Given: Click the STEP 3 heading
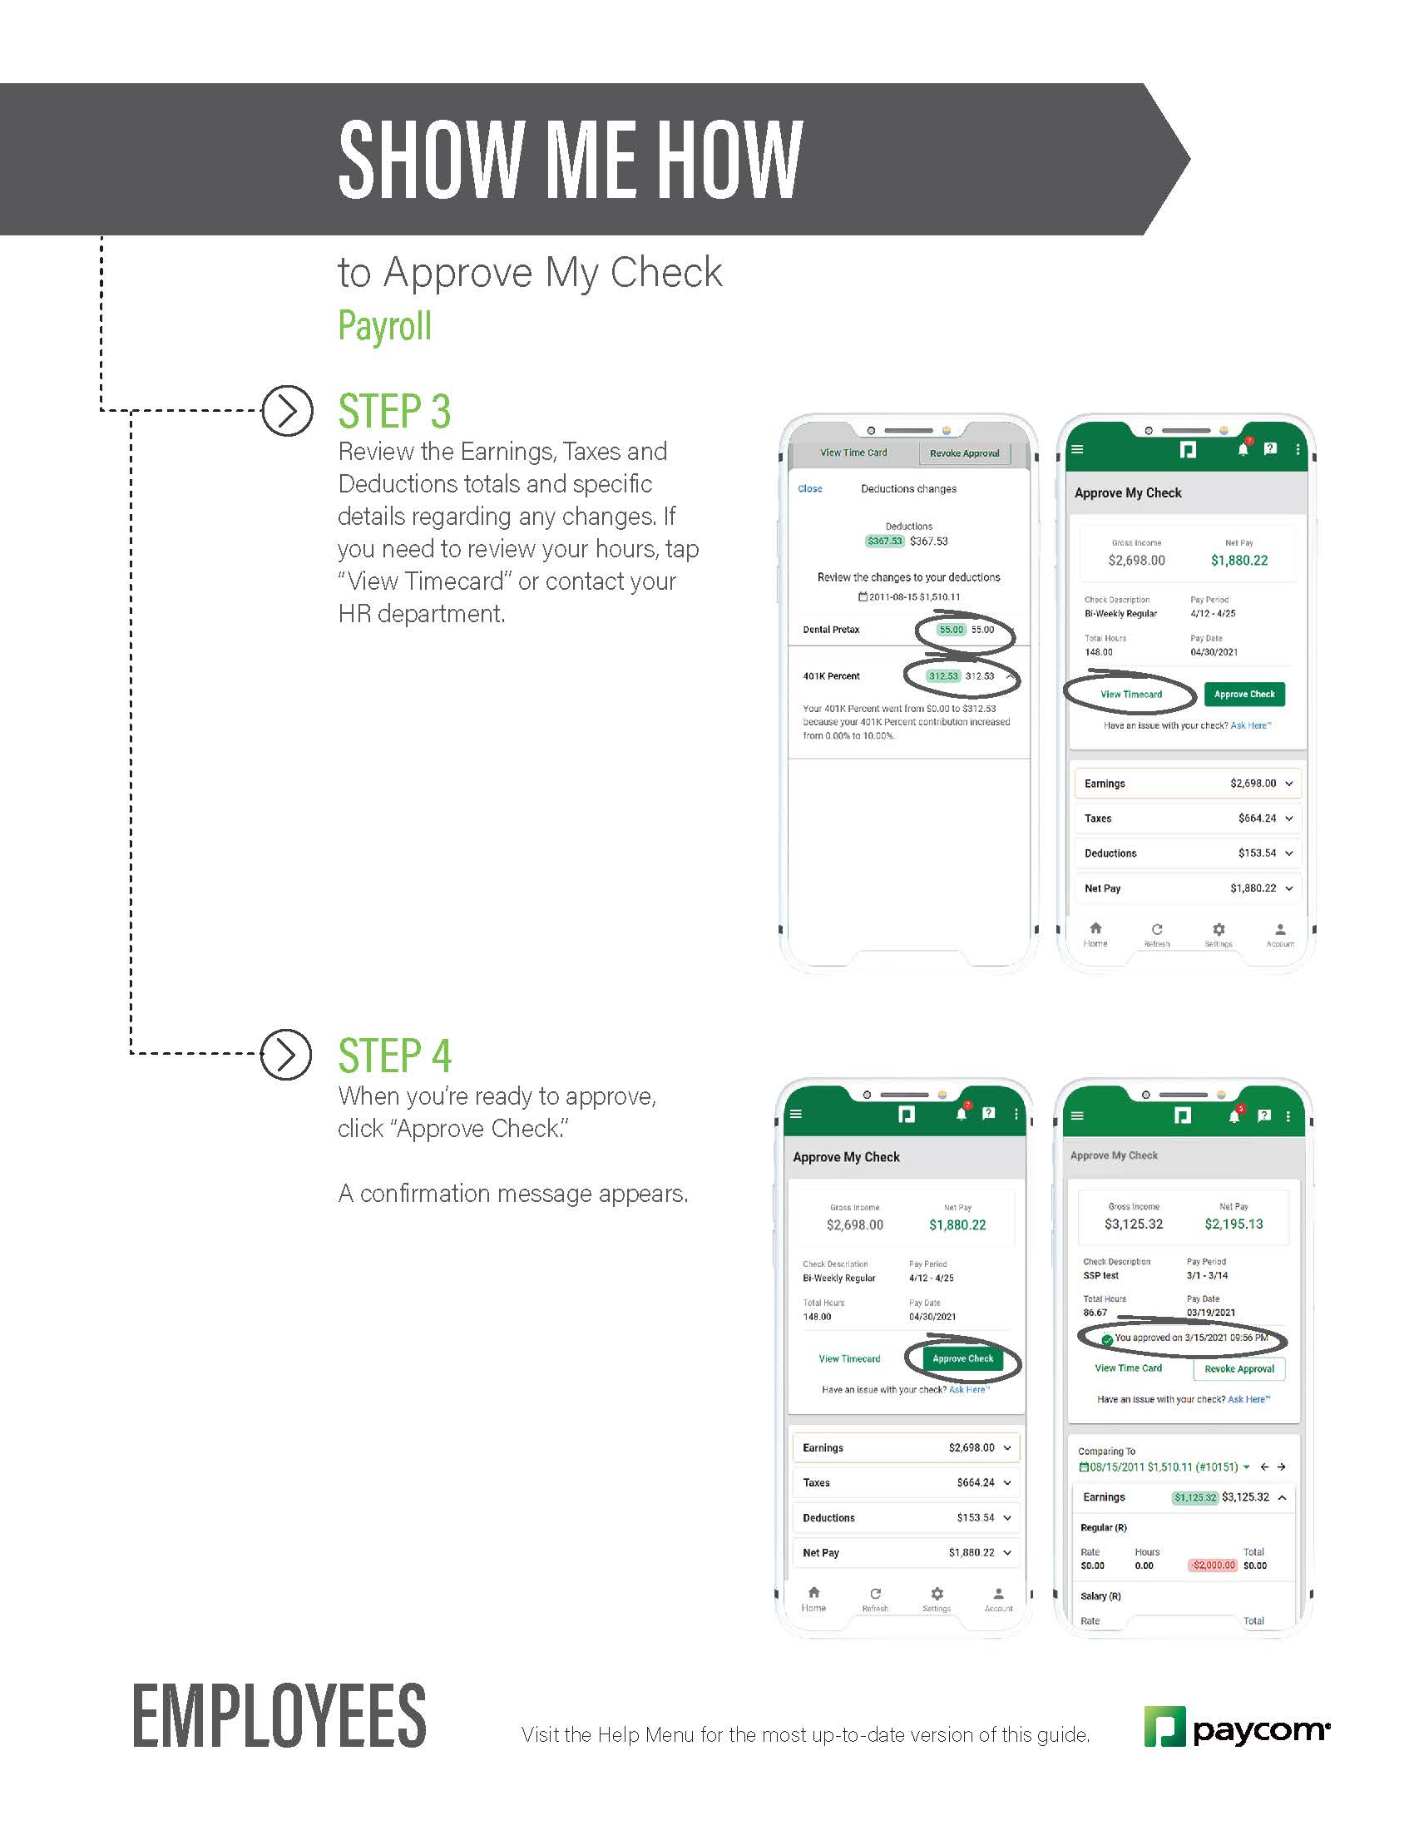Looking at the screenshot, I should click(x=393, y=412).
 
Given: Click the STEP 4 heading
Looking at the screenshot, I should click(x=393, y=1056).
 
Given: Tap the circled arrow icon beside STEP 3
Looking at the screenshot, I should click(x=287, y=411).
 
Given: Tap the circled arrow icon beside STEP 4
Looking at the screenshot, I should click(x=286, y=1054).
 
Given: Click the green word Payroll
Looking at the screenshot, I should click(x=384, y=326).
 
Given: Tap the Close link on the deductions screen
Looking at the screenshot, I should click(x=809, y=488).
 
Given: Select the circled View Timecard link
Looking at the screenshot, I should click(x=1131, y=694).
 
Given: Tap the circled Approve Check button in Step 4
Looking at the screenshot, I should click(x=962, y=1358).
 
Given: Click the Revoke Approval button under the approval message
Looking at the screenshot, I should click(x=1239, y=1368).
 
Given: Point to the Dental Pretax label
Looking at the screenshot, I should click(x=831, y=630).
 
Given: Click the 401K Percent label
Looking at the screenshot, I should click(x=831, y=675).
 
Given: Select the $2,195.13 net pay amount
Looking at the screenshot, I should click(x=1233, y=1224).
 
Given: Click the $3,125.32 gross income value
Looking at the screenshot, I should click(x=1134, y=1224).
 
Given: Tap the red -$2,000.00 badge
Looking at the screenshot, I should click(x=1212, y=1565).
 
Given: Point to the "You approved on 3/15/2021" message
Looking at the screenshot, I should click(x=1189, y=1338).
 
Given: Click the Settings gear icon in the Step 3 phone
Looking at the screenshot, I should click(x=1219, y=929).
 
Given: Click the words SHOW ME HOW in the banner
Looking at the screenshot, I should click(x=570, y=159).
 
